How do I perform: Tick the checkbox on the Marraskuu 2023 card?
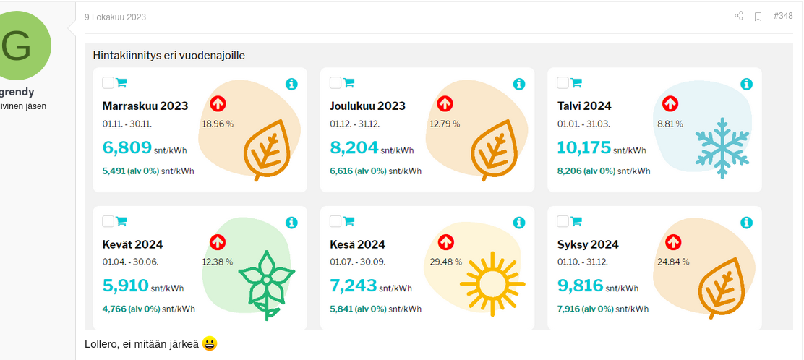point(108,82)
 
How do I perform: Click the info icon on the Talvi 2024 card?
point(746,84)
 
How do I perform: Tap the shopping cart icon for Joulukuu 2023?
point(348,82)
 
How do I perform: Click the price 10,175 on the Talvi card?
point(584,147)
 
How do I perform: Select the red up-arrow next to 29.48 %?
point(445,242)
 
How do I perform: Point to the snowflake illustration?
point(721,147)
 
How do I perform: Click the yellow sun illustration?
point(489,283)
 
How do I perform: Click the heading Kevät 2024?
point(132,244)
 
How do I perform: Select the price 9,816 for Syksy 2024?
point(580,286)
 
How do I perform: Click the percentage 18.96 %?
point(218,124)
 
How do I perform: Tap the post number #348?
point(783,16)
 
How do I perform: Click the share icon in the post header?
point(739,16)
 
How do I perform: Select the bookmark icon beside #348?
point(758,16)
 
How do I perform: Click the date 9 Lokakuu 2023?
point(115,17)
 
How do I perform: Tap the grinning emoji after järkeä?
point(210,343)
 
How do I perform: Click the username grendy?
point(17,92)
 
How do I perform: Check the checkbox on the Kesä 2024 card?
point(335,221)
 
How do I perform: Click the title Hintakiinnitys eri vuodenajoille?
point(174,55)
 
